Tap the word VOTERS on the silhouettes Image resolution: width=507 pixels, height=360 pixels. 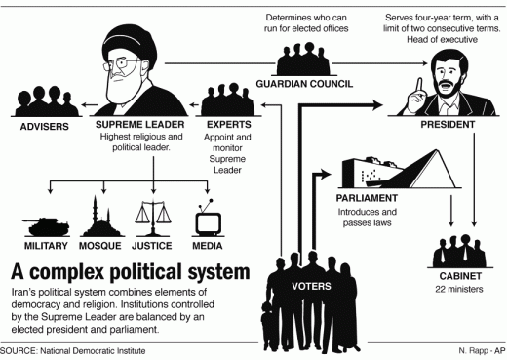pos(318,286)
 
